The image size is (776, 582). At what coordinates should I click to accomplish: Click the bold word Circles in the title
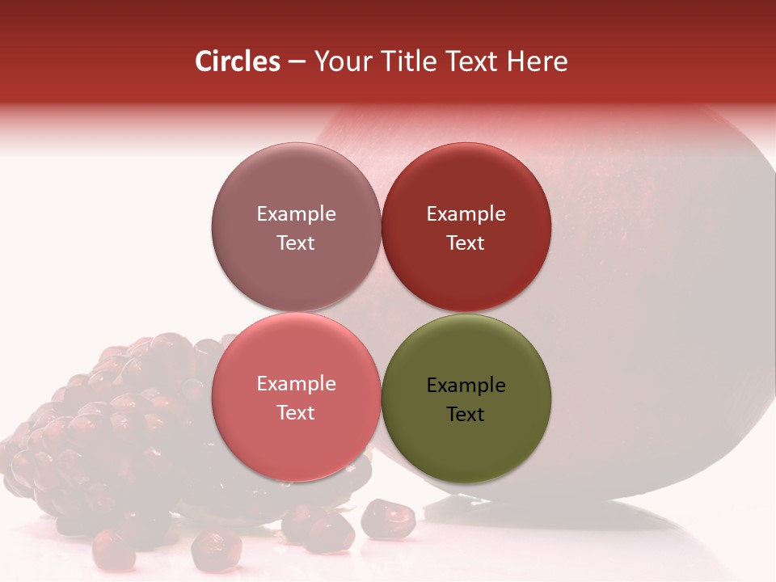237,61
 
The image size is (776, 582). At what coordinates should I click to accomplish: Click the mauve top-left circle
296,186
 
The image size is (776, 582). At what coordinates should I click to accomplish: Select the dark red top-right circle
466,186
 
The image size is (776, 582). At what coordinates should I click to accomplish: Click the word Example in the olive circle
466,386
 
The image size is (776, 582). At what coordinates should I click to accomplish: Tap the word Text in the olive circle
466,414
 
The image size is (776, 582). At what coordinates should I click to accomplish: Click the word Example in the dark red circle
466,214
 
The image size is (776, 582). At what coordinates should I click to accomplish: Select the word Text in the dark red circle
466,242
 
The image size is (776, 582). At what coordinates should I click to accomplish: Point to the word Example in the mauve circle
296,214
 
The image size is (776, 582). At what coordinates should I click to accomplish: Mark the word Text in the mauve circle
296,242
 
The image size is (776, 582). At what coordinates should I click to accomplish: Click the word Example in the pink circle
296,384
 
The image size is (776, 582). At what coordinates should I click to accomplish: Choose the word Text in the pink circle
296,412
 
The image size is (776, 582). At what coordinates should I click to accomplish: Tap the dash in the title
296,61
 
